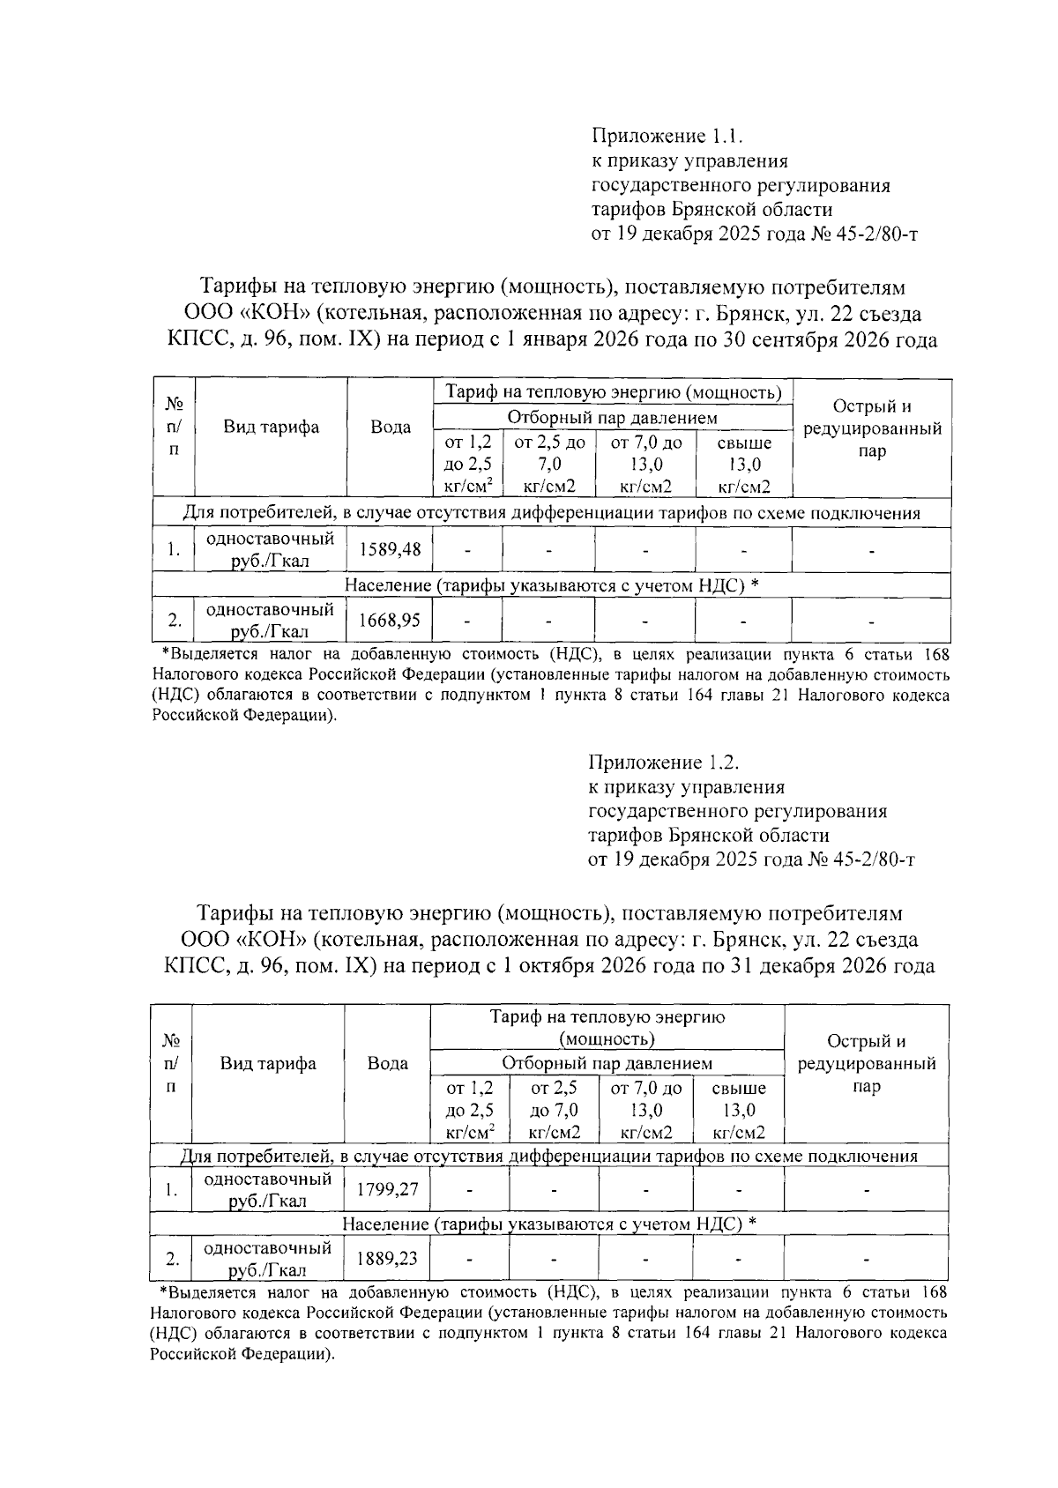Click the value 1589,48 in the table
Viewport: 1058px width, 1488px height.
pos(390,549)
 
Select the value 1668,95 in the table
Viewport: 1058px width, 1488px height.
pos(390,620)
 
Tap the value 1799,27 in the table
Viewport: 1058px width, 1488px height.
pos(387,1189)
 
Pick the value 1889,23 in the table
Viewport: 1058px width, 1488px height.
pos(387,1258)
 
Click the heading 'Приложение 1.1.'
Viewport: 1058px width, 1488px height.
pos(668,137)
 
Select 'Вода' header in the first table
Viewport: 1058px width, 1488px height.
pos(390,428)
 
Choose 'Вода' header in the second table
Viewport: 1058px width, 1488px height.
pos(387,1063)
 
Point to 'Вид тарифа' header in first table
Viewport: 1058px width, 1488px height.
pos(271,428)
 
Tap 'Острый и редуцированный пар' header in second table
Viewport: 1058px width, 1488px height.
pos(866,1063)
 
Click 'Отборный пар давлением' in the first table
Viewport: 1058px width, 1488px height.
pos(612,418)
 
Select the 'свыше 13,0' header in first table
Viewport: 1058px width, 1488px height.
pos(744,465)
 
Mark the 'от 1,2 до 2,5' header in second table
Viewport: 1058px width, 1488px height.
pos(470,1111)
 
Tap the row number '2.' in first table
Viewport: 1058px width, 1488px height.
pos(175,621)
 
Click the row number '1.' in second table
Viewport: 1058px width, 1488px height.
pos(171,1190)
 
